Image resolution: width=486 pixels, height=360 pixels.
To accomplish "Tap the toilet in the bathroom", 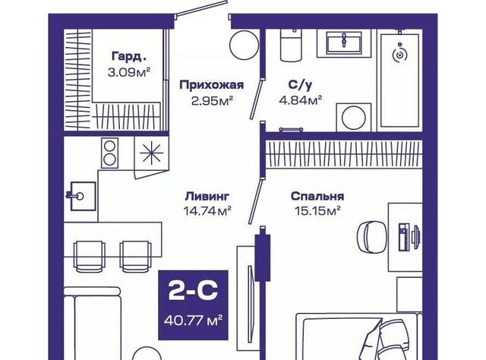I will coord(292,46).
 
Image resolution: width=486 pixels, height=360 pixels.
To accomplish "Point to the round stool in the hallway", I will coord(245,43).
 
